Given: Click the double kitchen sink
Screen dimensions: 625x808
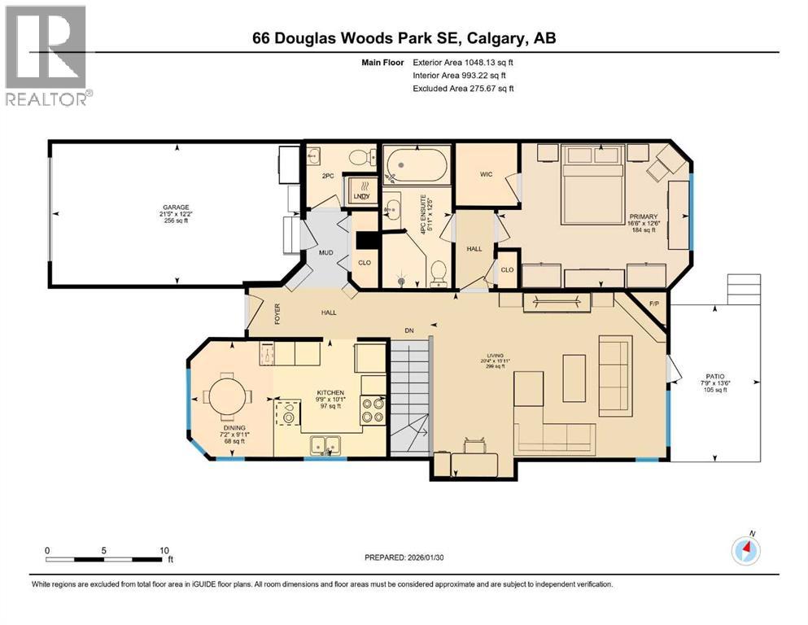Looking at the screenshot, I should coord(325,444).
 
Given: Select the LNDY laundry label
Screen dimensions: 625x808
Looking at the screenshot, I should coord(362,196).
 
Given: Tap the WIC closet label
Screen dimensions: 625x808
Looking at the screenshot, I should coord(487,173).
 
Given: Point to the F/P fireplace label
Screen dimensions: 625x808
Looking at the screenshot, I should coord(653,305).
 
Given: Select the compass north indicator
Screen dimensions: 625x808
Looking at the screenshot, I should coord(745,551).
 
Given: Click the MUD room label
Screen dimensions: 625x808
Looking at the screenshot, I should coord(325,253).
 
